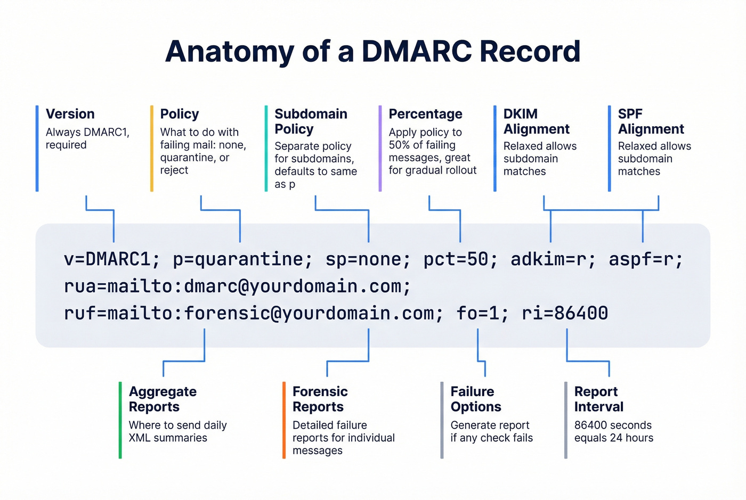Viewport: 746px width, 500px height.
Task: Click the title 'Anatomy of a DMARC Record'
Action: pyautogui.click(x=372, y=52)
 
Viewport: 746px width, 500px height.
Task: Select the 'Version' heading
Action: pyautogui.click(x=70, y=114)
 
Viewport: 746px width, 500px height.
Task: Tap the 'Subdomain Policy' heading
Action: pyautogui.click(x=311, y=121)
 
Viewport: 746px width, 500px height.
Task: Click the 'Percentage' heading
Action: pyautogui.click(x=425, y=114)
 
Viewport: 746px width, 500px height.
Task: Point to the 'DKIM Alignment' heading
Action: pyautogui.click(x=536, y=121)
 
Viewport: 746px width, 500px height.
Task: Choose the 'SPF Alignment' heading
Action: pyautogui.click(x=651, y=121)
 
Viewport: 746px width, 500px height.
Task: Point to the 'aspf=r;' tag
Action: pyautogui.click(x=645, y=259)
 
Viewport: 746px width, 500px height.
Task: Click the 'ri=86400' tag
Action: pyautogui.click(x=565, y=313)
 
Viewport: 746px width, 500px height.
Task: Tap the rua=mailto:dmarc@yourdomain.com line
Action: pyautogui.click(x=237, y=286)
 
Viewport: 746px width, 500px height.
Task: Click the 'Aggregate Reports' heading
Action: pyautogui.click(x=163, y=399)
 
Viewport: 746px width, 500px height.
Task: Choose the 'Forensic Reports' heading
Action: pyautogui.click(x=320, y=399)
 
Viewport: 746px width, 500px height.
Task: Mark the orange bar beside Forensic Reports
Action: pyautogui.click(x=284, y=420)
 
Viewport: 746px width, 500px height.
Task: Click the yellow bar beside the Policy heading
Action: pyautogui.click(x=152, y=149)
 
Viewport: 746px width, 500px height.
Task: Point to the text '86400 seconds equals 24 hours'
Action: pyautogui.click(x=613, y=431)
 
